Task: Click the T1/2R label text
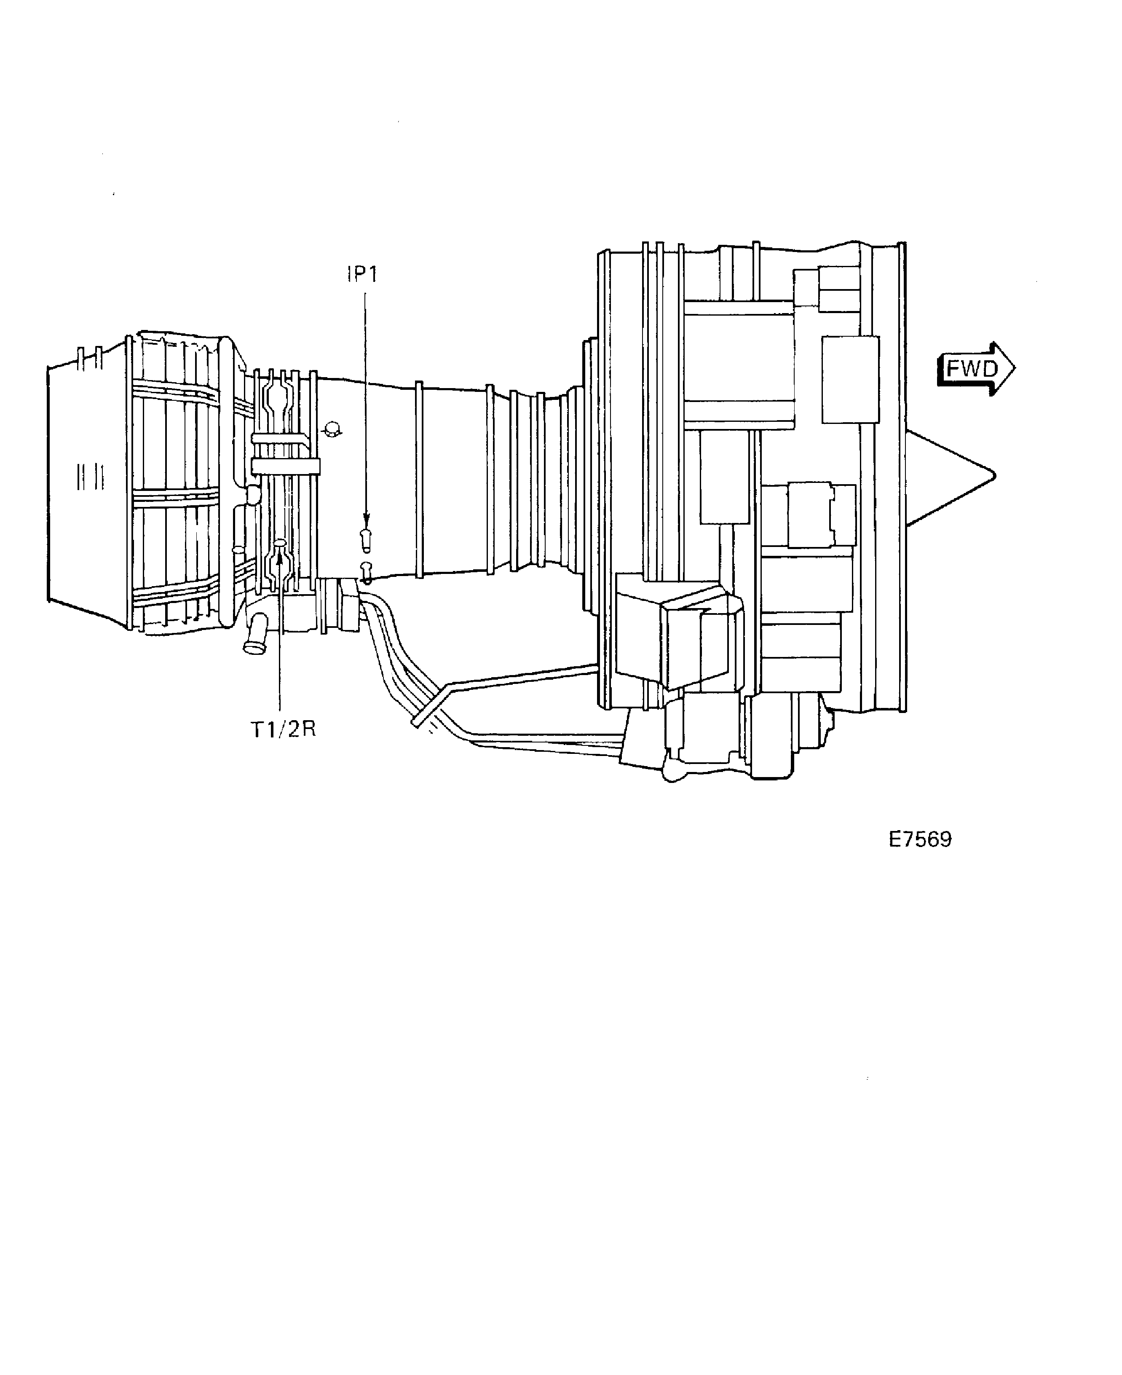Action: [283, 729]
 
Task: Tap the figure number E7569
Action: [920, 839]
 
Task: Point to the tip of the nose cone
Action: [995, 476]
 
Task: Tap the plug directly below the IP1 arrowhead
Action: [366, 540]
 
